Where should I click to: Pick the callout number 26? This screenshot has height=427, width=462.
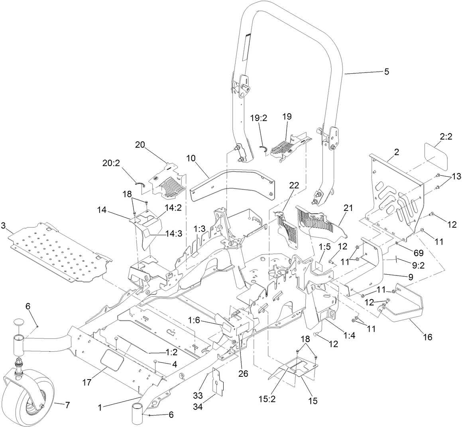coord(243,374)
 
